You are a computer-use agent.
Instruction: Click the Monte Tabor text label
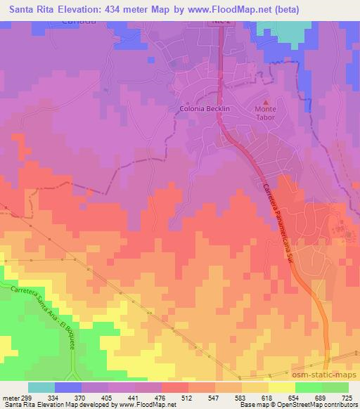coord(265,114)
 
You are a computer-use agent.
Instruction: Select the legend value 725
coord(344,398)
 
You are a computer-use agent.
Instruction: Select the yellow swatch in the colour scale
coord(282,387)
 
